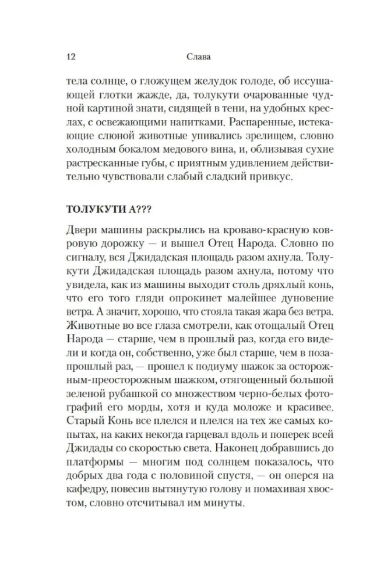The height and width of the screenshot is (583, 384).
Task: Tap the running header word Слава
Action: [192, 57]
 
